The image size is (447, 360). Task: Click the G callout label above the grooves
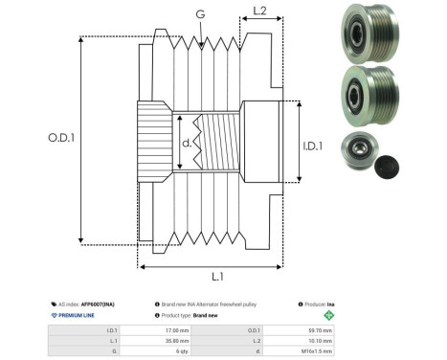(x=199, y=14)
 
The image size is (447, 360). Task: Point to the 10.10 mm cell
(x=308, y=340)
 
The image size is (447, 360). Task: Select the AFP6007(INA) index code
(x=98, y=303)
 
